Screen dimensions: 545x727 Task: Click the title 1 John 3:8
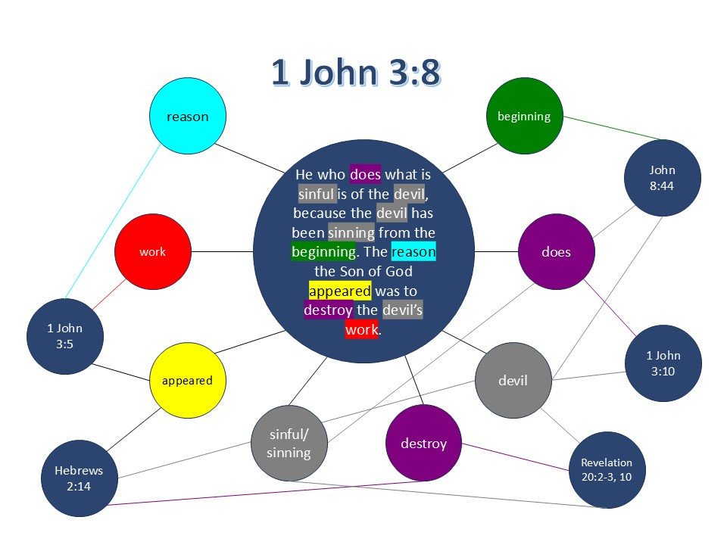(356, 74)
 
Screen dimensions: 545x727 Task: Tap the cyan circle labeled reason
(187, 117)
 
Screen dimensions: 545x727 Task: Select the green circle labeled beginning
(524, 116)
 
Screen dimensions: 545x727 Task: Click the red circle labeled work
(152, 251)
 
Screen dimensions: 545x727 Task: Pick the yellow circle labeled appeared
(187, 380)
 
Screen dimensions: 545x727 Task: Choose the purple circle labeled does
(556, 252)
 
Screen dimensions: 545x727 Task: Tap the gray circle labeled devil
(513, 380)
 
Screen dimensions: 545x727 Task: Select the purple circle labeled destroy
(423, 443)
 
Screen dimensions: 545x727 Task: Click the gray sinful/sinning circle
(289, 444)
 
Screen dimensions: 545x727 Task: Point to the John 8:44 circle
(662, 177)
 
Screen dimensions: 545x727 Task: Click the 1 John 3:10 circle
(663, 363)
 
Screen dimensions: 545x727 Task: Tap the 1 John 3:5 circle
(64, 336)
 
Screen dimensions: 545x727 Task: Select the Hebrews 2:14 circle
(79, 478)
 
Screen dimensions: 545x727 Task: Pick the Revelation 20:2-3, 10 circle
(607, 470)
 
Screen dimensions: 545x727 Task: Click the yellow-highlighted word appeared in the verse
(340, 291)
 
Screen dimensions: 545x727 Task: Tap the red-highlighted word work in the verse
(361, 330)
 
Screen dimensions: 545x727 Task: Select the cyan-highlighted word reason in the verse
(414, 252)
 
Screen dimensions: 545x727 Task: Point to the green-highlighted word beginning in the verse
(323, 252)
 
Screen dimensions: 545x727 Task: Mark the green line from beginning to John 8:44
(613, 129)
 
